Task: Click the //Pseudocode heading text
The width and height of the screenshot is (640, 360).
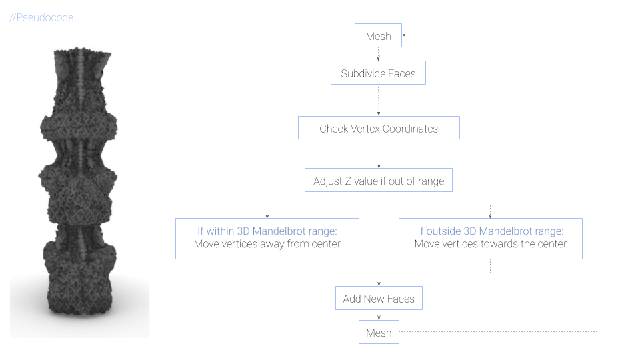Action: point(41,18)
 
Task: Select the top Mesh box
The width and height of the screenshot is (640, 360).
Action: point(378,36)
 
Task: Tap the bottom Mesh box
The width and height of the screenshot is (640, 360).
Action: point(378,332)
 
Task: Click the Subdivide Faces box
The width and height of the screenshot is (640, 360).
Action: point(378,73)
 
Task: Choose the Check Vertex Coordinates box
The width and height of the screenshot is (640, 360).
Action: point(378,128)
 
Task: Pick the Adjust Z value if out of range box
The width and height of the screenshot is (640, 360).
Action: point(378,181)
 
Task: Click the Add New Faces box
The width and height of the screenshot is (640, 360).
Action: point(378,299)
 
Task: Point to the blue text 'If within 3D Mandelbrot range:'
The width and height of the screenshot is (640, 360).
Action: point(267,231)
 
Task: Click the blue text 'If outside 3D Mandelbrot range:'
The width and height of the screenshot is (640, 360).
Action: point(490,231)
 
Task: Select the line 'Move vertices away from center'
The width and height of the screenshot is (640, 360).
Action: point(267,244)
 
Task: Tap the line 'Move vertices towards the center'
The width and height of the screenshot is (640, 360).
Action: point(490,244)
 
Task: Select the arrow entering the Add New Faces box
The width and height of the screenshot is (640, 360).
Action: point(378,283)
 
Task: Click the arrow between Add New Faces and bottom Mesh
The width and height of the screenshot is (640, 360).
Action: point(378,317)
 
